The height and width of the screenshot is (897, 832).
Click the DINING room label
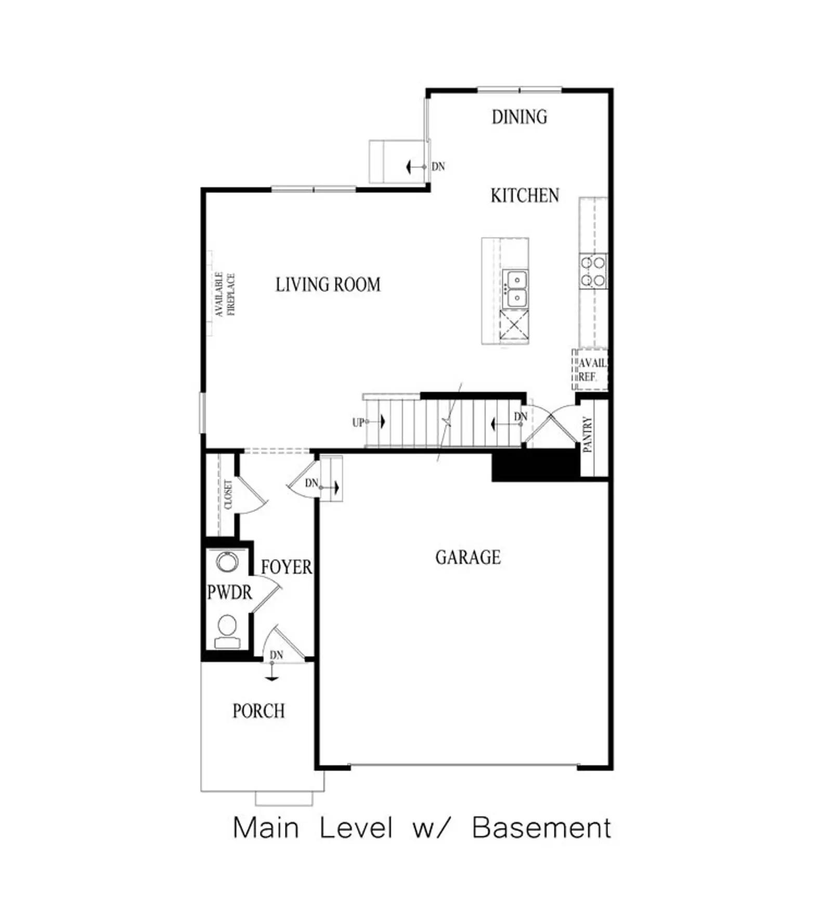click(x=519, y=116)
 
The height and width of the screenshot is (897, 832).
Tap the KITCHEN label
click(x=525, y=195)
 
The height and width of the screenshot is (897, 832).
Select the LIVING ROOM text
click(x=328, y=284)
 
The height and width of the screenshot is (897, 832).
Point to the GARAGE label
click(x=468, y=557)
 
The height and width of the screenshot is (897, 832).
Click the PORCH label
click(x=258, y=710)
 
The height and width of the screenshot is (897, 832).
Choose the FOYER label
click(x=287, y=566)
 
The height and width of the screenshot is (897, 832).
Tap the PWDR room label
click(x=229, y=592)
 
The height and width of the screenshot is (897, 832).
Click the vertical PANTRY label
click(x=588, y=434)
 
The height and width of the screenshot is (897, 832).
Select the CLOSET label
click(x=228, y=494)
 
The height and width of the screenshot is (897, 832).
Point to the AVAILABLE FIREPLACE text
click(x=225, y=294)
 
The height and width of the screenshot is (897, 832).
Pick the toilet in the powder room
click(x=227, y=631)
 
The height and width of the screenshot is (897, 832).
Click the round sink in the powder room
click(x=227, y=562)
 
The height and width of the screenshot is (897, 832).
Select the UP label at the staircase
click(x=358, y=423)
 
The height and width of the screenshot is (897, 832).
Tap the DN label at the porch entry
click(x=277, y=655)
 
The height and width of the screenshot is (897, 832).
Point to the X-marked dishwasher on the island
click(x=514, y=326)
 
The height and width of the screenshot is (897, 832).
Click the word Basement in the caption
click(x=541, y=827)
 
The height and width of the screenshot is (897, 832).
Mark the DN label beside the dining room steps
click(x=438, y=166)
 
